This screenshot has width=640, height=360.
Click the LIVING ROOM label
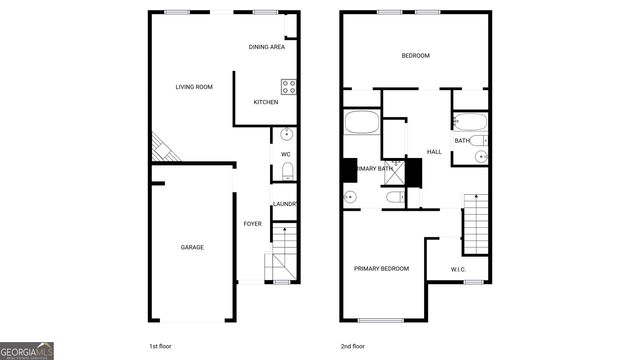[196, 87]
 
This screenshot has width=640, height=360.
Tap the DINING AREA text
[267, 47]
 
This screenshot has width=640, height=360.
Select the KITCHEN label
[265, 102]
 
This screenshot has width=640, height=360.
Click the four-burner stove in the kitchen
[288, 86]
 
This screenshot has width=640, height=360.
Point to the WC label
[285, 154]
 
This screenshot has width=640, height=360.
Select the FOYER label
[253, 223]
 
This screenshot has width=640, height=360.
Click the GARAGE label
[192, 247]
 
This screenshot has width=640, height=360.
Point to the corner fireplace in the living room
[161, 150]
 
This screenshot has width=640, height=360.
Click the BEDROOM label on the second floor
[415, 56]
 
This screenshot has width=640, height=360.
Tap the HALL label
[434, 152]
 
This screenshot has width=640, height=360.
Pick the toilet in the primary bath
[392, 198]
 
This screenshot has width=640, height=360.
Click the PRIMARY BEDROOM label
[381, 268]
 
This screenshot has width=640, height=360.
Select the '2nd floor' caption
[353, 345]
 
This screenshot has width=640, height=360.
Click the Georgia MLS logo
[27, 351]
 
